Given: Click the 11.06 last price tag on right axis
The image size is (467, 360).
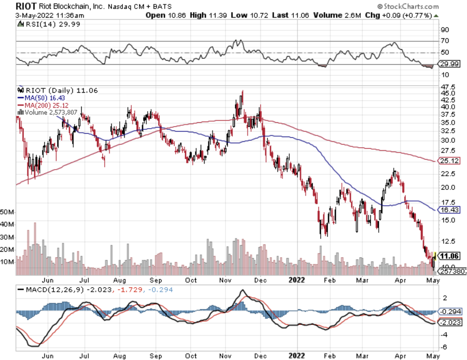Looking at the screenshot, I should [x=451, y=256].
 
